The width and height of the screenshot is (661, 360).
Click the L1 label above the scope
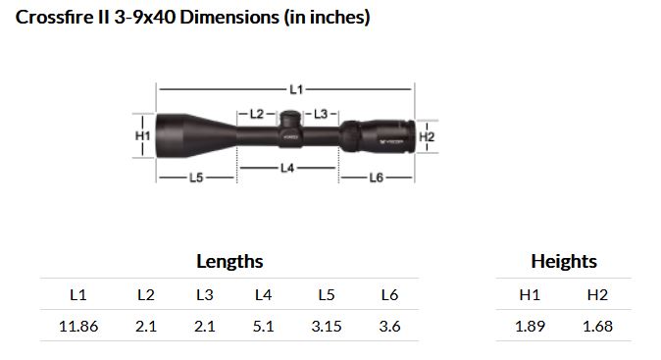click(x=296, y=89)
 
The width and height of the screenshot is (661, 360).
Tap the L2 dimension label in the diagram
click(x=257, y=114)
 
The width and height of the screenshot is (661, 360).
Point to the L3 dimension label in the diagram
click(x=321, y=114)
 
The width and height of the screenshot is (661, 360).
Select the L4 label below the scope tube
click(x=287, y=168)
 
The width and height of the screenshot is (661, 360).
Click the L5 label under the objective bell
click(x=196, y=178)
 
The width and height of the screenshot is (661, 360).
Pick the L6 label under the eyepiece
click(x=377, y=178)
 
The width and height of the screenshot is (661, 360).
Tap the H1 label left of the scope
click(x=142, y=135)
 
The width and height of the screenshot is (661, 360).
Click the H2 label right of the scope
click(x=427, y=136)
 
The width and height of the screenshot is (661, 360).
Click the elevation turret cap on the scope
click(x=290, y=118)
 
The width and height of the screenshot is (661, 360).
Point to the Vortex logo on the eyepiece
click(x=392, y=142)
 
